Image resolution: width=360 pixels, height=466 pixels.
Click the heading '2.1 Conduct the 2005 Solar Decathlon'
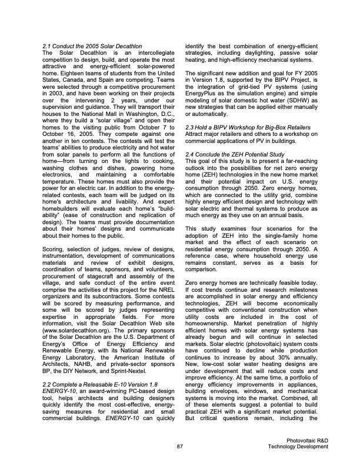pyautogui.click(x=92, y=46)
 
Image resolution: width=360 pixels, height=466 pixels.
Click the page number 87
pyautogui.click(x=180, y=447)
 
